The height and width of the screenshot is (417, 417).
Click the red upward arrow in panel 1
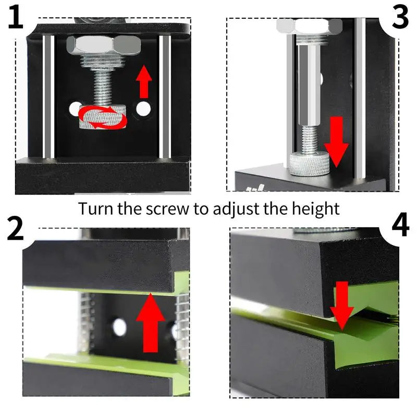point(144,81)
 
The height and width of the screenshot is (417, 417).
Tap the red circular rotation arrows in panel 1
point(102,117)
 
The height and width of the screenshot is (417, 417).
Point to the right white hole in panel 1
point(143,109)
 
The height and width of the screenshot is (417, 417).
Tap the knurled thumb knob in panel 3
point(310,164)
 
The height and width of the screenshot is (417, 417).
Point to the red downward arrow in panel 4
point(342,306)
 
